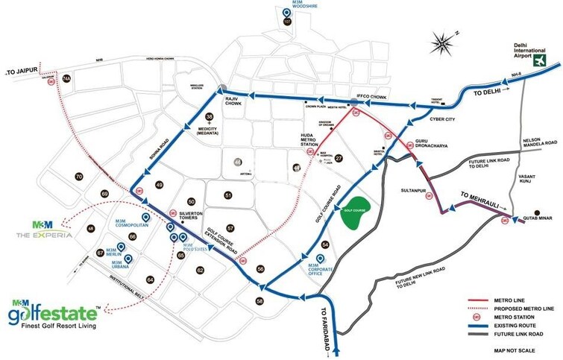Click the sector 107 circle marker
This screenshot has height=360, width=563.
tap(287, 21)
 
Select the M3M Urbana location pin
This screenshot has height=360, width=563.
tap(128, 259)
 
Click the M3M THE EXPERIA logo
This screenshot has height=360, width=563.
tap(45, 228)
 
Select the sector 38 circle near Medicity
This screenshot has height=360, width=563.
tap(210, 117)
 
